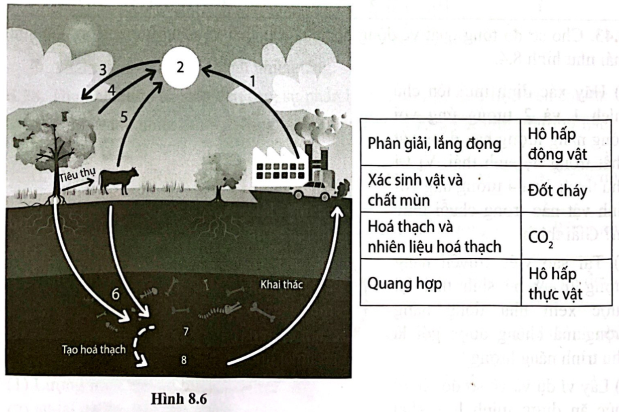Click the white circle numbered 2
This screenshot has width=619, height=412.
click(180, 69)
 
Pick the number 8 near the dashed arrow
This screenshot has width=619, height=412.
click(184, 360)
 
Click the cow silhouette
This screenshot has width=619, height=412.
click(119, 180)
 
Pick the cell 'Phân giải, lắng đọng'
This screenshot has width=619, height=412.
click(434, 144)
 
